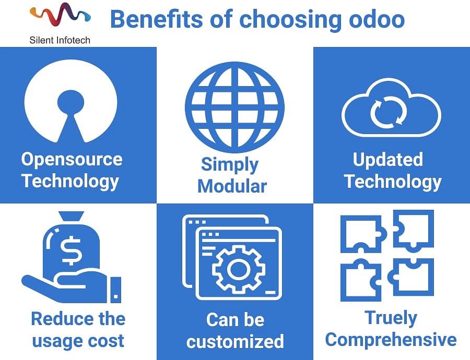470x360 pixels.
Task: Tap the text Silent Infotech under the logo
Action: [60, 40]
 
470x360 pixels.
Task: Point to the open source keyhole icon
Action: [70, 101]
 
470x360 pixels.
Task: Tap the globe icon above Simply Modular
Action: [234, 107]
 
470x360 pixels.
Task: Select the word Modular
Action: [232, 186]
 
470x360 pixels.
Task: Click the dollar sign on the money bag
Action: [70, 250]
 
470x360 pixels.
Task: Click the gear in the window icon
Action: [239, 269]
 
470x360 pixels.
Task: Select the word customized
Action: [235, 341]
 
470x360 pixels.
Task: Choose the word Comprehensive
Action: [391, 340]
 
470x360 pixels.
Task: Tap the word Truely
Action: [391, 318]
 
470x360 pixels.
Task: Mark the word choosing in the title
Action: [290, 20]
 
